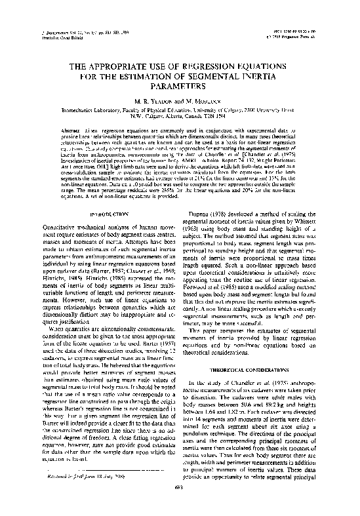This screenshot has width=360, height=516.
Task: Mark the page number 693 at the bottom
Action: tap(179, 505)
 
